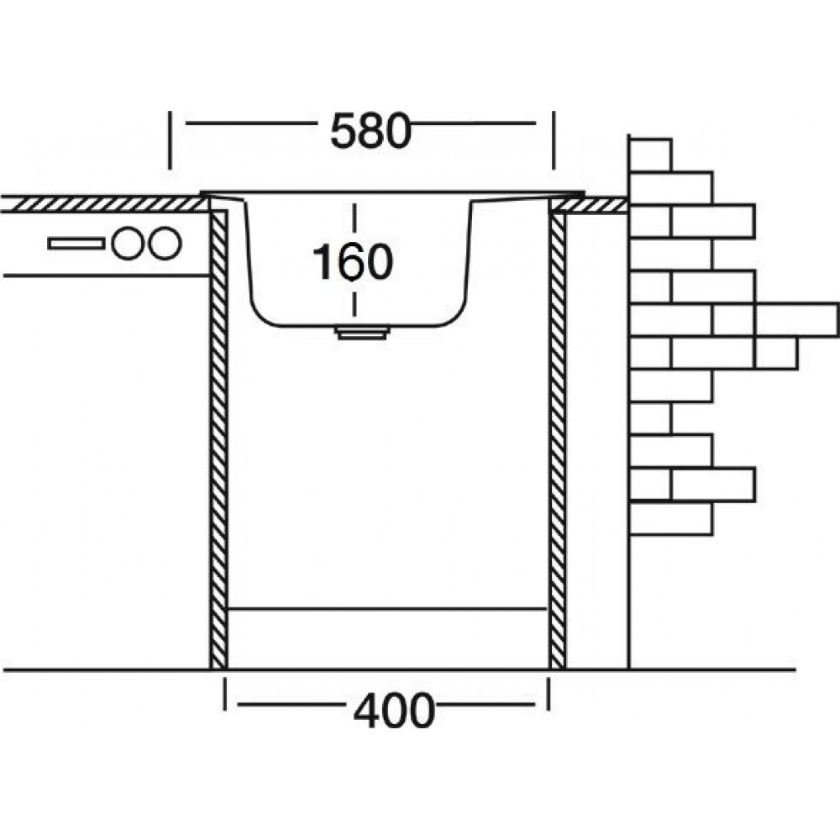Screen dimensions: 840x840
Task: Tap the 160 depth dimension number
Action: [x=353, y=260]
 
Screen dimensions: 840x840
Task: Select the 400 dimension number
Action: [x=393, y=711]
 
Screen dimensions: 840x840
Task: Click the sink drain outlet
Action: [x=362, y=333]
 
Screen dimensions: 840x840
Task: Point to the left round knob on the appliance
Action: [x=129, y=243]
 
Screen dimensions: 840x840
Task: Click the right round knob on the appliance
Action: [x=165, y=243]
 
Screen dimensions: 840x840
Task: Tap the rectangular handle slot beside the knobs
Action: [x=76, y=243]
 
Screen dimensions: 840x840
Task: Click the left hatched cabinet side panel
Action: [x=218, y=437]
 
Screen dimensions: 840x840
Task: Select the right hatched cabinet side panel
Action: [x=557, y=437]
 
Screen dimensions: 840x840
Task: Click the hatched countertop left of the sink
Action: [x=101, y=203]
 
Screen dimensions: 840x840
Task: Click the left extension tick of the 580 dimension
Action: [x=171, y=139]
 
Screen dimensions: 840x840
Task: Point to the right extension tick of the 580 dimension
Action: [x=553, y=139]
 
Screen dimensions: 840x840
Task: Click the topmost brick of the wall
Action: [x=650, y=155]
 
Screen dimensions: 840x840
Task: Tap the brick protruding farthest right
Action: [x=796, y=319]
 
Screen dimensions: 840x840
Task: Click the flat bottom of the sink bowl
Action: [x=361, y=324]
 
